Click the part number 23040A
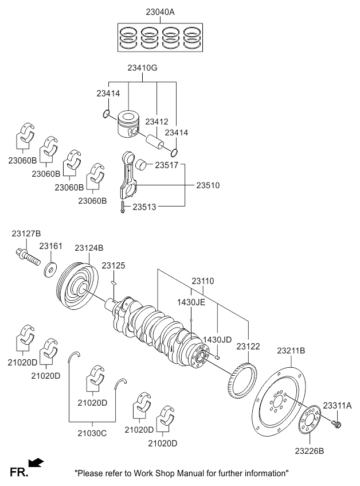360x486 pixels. pyautogui.click(x=160, y=11)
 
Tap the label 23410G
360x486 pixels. pyautogui.click(x=143, y=68)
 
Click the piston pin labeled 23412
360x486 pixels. pyautogui.click(x=154, y=141)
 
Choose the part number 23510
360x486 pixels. pyautogui.click(x=208, y=185)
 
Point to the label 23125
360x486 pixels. pyautogui.click(x=113, y=266)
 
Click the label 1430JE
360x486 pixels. pyautogui.click(x=190, y=303)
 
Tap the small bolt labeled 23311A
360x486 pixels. pyautogui.click(x=336, y=424)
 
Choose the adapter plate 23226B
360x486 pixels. pyautogui.click(x=309, y=421)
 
